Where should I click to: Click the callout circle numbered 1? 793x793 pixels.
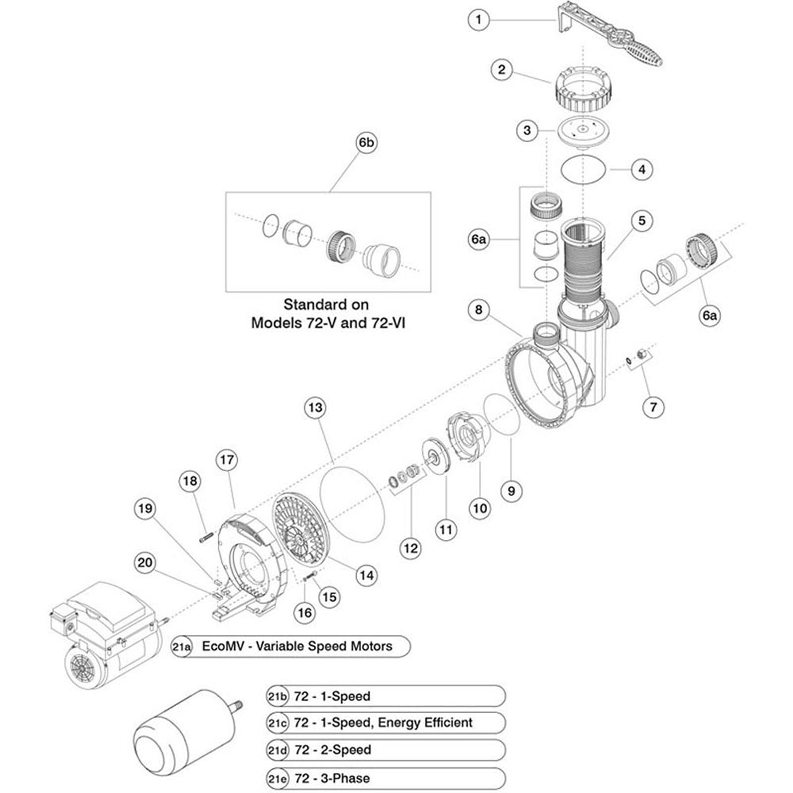(478, 20)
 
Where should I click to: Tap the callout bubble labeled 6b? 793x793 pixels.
(366, 143)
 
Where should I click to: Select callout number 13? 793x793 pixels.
(315, 408)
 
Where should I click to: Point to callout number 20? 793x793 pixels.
(145, 563)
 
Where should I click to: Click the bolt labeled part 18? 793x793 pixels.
(206, 537)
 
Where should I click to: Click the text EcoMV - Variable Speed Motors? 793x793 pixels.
(297, 646)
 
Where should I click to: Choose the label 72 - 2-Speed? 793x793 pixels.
(333, 750)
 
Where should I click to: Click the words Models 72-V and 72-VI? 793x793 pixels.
(328, 323)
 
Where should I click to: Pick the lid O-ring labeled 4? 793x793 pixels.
(584, 170)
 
